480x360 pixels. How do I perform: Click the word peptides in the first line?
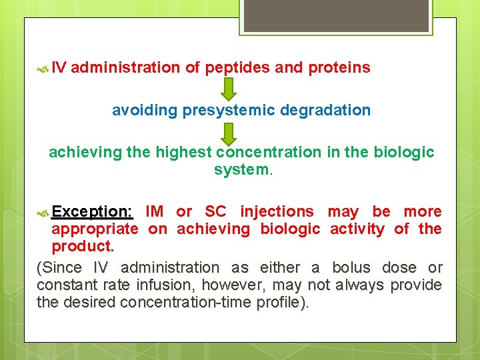click(229, 67)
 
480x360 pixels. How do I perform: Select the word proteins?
click(339, 67)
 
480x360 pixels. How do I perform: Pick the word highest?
click(183, 152)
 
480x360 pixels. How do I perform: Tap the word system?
click(241, 170)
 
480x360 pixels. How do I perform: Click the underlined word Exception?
click(92, 212)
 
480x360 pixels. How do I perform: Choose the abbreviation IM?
click(154, 212)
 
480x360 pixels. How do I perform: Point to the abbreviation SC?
click(215, 212)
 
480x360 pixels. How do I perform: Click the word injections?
click(277, 212)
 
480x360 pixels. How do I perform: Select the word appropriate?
click(95, 229)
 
